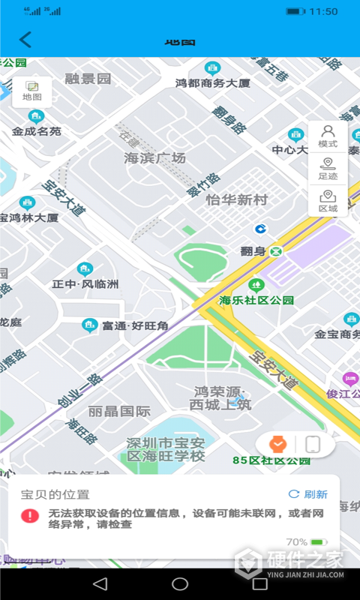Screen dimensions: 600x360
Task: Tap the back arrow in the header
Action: [x=26, y=40]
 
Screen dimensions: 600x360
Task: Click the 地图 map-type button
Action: [x=32, y=91]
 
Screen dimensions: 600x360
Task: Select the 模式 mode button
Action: [x=328, y=136]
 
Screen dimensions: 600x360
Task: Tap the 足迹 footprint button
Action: [x=328, y=169]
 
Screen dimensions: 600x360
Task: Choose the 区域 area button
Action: [x=328, y=201]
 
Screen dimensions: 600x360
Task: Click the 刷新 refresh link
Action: [x=308, y=494]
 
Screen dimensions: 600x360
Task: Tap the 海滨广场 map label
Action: [x=154, y=158]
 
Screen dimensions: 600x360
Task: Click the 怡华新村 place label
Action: [x=237, y=200]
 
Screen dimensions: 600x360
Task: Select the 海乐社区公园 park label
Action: [x=256, y=300]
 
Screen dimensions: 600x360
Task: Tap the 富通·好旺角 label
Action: [x=135, y=325]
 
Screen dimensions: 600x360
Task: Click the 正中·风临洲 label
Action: [x=85, y=284]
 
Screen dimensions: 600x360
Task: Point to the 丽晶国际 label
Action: [x=119, y=411]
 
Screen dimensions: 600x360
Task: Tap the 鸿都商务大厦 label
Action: [x=212, y=82]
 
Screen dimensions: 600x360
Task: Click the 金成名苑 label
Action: [x=36, y=130]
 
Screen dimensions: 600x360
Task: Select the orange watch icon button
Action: [x=277, y=444]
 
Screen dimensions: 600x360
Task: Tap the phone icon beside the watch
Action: [x=313, y=444]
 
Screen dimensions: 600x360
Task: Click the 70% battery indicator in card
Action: [x=306, y=541]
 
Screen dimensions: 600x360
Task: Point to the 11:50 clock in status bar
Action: [x=323, y=11]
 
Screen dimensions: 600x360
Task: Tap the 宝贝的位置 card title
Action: [x=55, y=494]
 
